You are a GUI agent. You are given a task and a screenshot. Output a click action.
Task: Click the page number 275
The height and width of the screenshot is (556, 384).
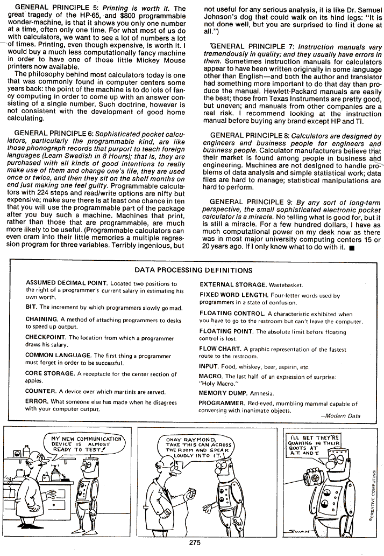[x=195, y=543]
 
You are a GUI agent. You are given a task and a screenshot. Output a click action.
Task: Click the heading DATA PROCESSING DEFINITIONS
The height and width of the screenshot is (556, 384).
[x=194, y=270]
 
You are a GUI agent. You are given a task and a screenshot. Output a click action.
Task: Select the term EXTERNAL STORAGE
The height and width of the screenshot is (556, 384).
[x=232, y=284]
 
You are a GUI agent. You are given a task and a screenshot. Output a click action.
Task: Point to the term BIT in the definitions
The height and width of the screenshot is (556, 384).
[x=31, y=307]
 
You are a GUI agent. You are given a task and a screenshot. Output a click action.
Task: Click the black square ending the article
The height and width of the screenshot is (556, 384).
[x=351, y=248]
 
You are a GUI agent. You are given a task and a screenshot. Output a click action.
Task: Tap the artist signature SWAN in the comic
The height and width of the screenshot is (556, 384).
[x=351, y=530]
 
